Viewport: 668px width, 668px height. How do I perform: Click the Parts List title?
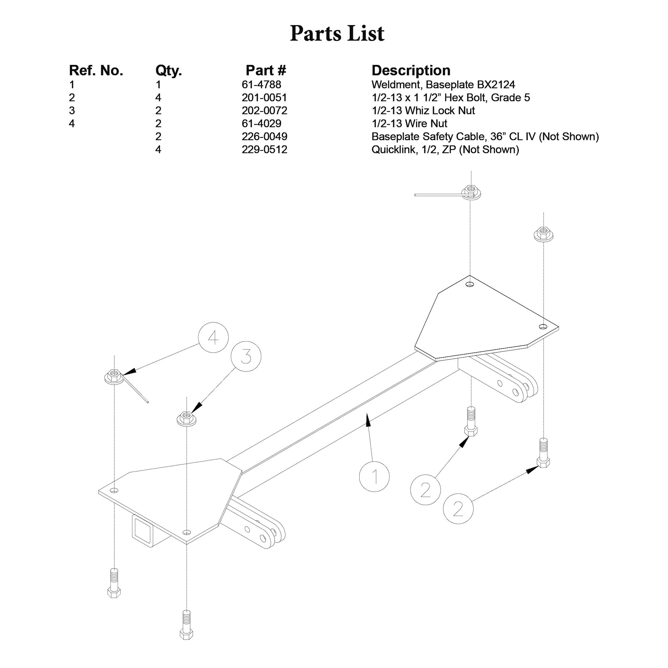337,34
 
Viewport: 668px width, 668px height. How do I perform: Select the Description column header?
411,71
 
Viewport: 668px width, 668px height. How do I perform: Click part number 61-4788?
262,85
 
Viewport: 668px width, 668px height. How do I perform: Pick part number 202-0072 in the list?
265,111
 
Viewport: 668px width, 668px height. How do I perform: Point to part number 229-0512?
265,150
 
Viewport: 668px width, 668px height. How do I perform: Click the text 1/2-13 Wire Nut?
409,124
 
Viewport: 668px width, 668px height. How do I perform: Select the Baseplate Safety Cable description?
485,137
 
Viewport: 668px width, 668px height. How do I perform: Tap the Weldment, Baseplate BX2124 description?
443,85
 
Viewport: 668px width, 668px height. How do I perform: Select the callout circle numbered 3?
246,356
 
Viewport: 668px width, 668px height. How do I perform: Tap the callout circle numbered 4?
213,337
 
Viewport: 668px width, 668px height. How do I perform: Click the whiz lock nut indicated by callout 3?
187,418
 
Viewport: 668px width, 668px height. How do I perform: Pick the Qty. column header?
168,71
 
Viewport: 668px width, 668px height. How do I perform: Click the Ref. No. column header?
96,71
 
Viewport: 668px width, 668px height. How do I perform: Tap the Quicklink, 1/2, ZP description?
445,150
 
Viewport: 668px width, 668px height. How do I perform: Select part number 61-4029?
262,124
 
